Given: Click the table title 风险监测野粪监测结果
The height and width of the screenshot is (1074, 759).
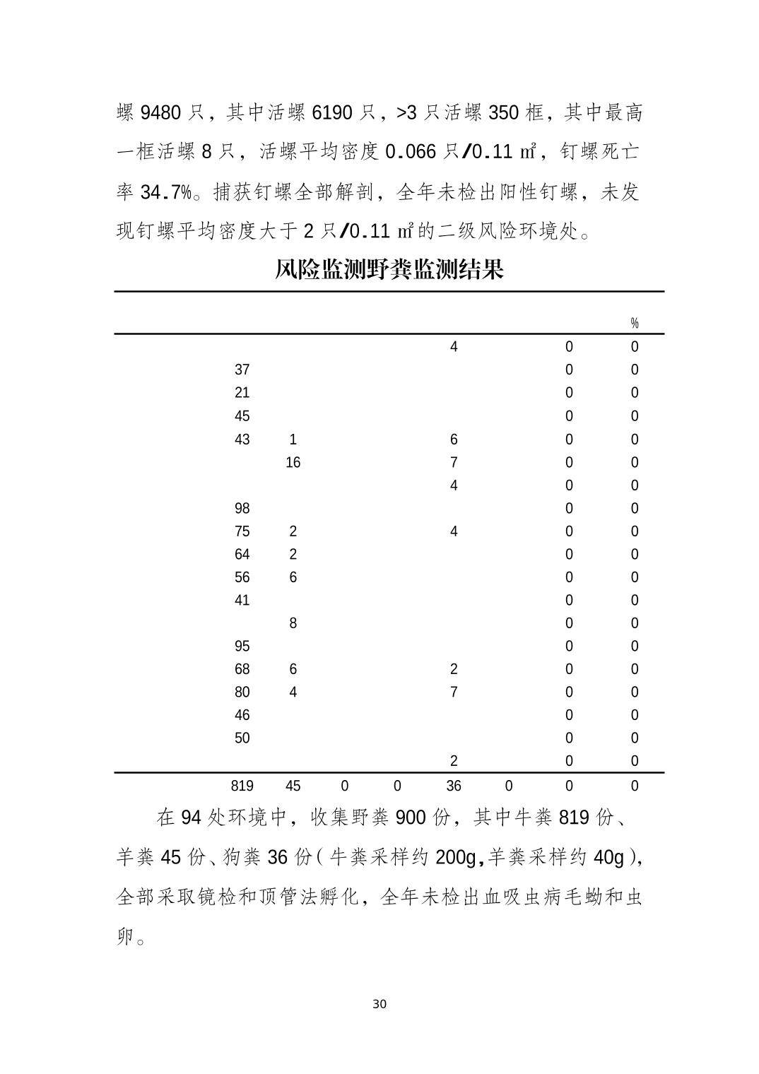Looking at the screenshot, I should tap(389, 269).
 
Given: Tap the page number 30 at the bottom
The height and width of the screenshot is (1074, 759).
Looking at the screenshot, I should tap(379, 1004).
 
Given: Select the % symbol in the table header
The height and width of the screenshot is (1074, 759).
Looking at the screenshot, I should tap(634, 323).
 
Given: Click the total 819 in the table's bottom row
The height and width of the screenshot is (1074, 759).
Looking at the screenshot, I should tap(242, 785).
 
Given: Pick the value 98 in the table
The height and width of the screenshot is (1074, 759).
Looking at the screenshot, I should tap(242, 508).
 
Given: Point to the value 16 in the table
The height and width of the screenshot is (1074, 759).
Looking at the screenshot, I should tap(293, 462).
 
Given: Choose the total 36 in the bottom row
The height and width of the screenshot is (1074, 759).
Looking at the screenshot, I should tap(453, 785).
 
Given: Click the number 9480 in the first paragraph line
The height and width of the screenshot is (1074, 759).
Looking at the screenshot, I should tap(163, 113).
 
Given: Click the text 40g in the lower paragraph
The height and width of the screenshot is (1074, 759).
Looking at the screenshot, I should tap(608, 857).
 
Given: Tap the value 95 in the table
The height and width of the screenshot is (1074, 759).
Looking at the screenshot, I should tap(242, 646).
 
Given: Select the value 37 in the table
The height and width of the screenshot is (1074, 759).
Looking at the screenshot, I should tap(242, 370).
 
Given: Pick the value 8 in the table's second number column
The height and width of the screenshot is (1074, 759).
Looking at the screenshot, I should tap(293, 623).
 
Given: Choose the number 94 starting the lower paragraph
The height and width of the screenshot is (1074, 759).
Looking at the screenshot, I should tap(192, 818).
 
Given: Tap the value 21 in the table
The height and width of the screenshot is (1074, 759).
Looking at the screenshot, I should tap(242, 392).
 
